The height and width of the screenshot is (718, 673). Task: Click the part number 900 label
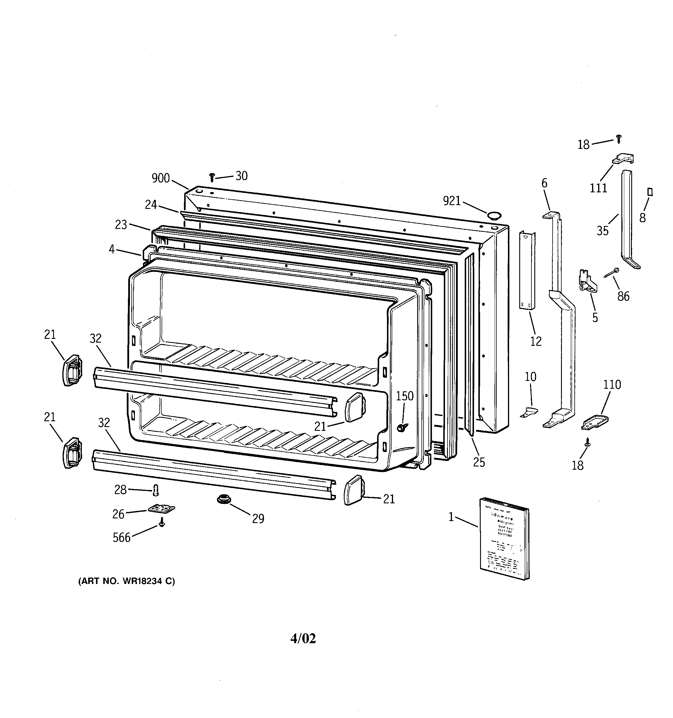click(161, 178)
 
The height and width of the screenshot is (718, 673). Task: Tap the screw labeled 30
click(212, 177)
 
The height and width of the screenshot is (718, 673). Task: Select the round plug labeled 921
click(494, 216)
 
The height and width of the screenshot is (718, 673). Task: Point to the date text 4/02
click(303, 639)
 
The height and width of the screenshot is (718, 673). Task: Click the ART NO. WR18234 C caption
click(126, 581)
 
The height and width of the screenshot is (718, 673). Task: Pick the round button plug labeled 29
click(224, 500)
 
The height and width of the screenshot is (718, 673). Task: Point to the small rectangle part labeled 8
click(650, 192)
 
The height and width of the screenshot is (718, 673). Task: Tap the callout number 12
click(536, 341)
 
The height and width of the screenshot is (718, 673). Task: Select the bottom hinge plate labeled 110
click(595, 422)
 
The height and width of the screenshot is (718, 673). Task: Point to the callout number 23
click(121, 225)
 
